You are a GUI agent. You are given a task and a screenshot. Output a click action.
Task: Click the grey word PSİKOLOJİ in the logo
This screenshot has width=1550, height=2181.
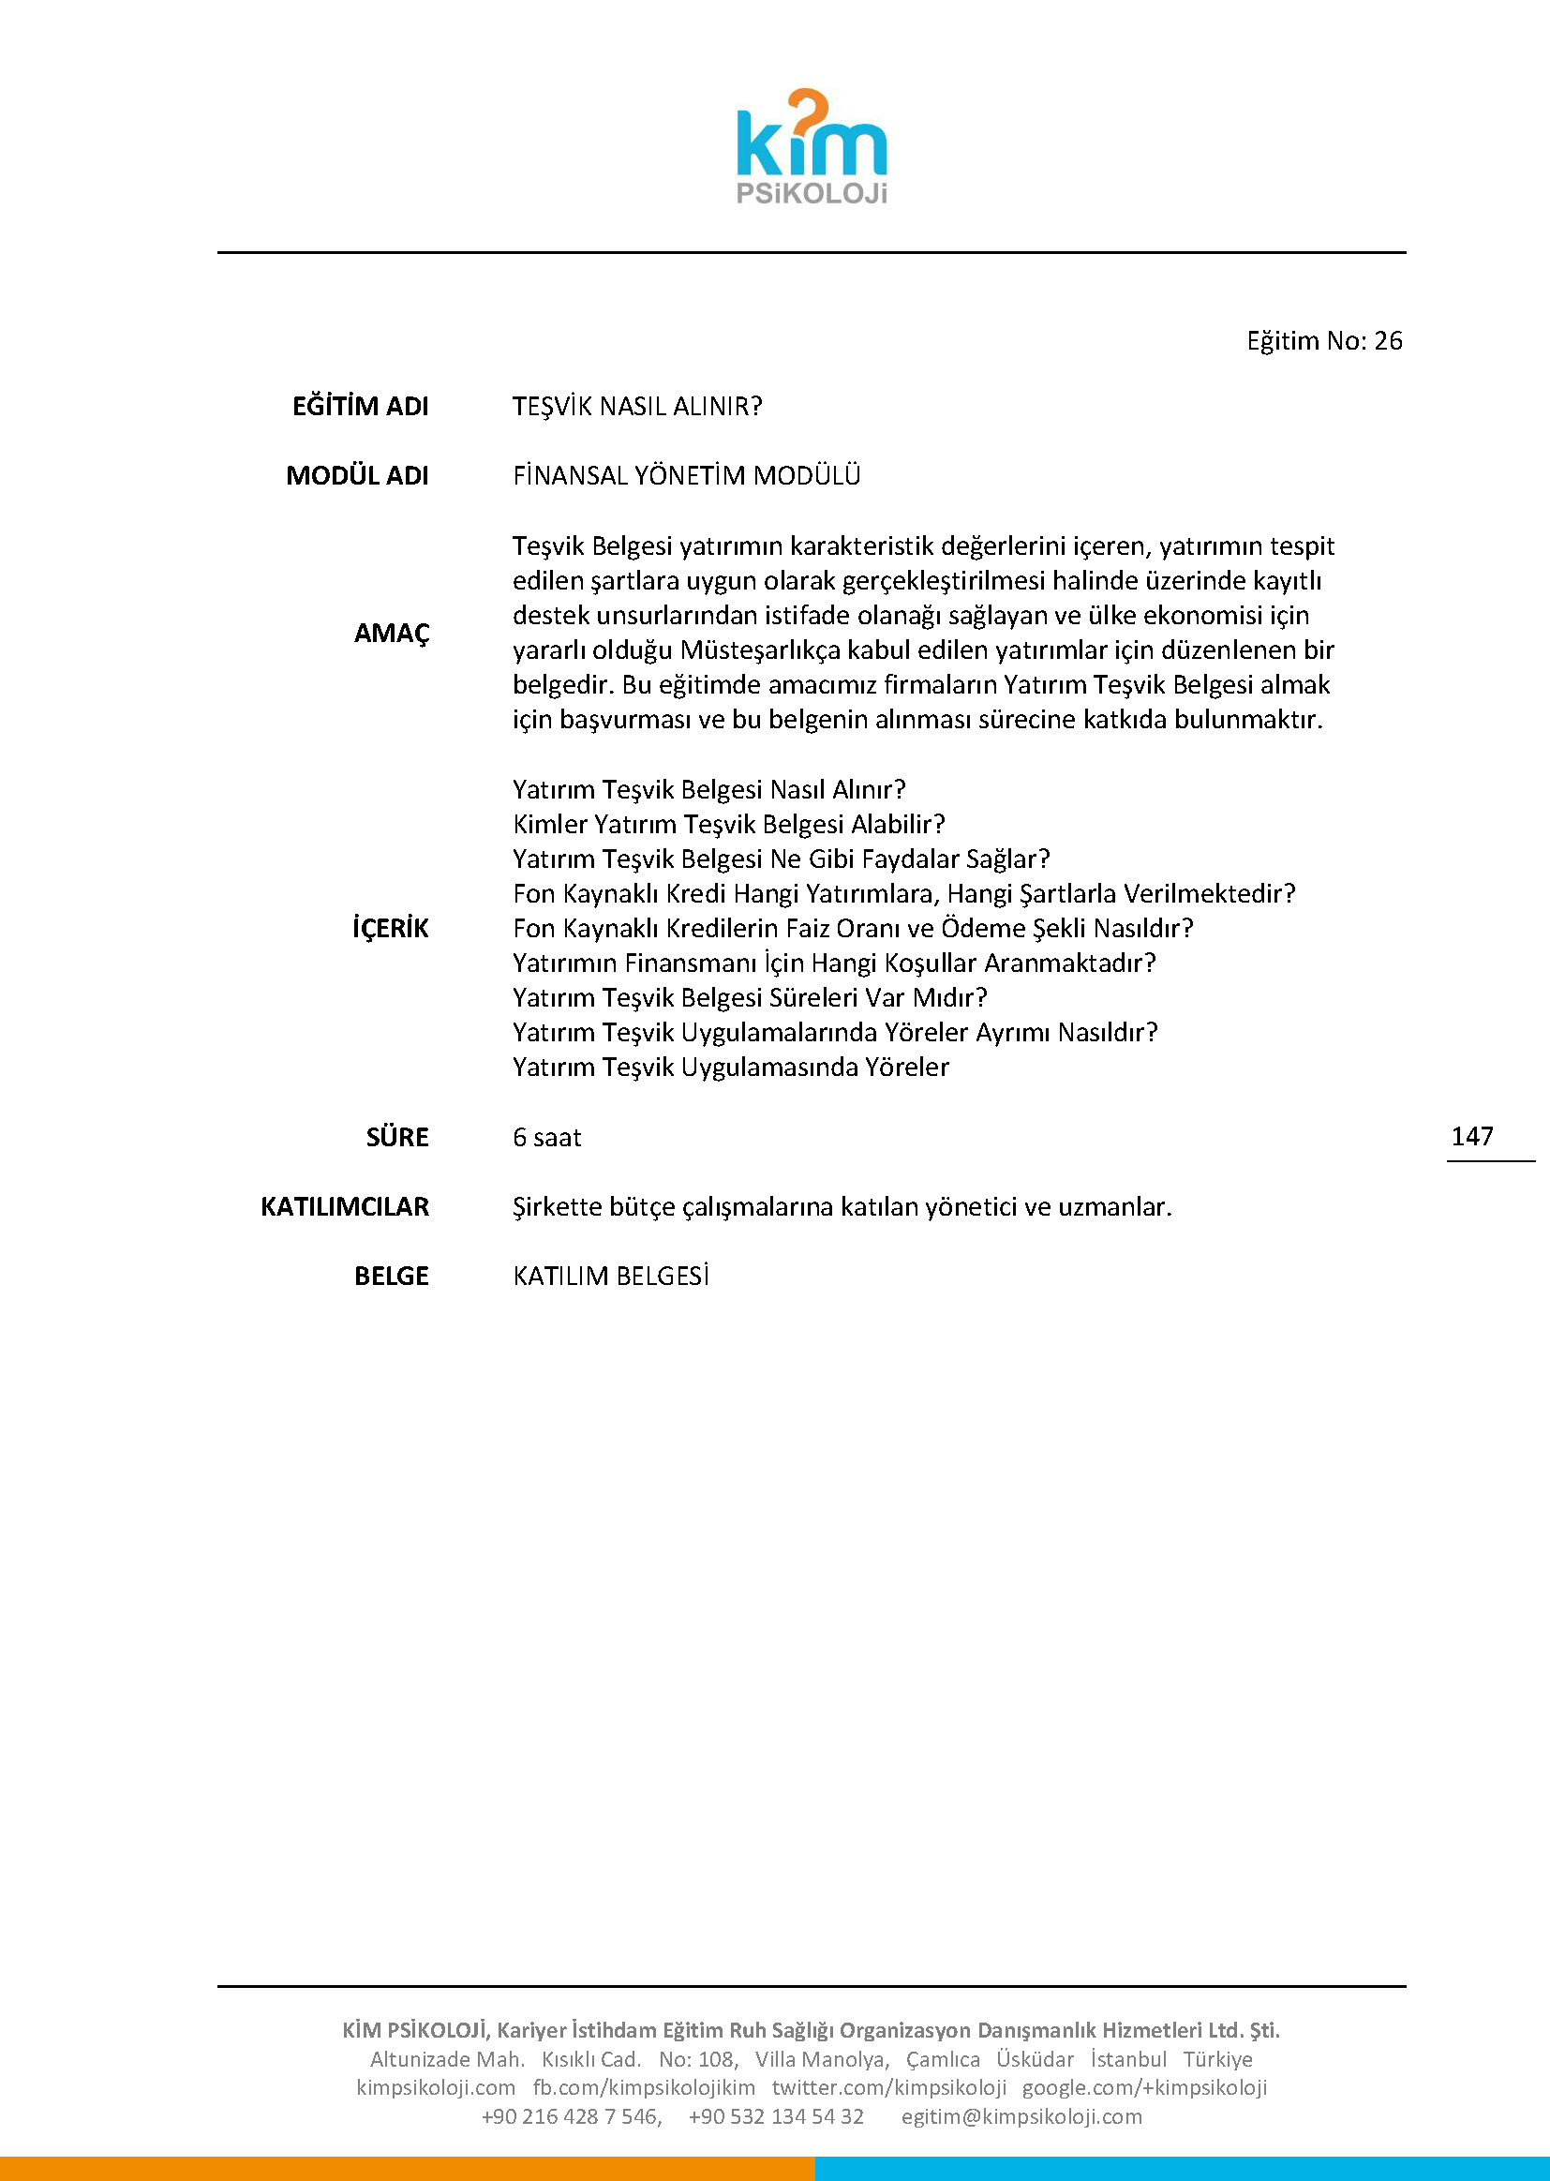812,194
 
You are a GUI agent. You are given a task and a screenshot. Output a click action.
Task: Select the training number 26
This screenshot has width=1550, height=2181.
1388,341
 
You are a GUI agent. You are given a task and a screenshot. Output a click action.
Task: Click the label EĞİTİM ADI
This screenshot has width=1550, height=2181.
360,407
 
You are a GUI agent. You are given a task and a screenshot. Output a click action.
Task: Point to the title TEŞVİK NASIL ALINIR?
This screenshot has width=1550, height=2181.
636,407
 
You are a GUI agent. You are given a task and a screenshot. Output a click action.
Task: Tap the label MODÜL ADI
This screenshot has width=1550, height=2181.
357,475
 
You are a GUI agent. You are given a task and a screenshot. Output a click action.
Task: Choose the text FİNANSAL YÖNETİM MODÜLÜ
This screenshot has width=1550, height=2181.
686,475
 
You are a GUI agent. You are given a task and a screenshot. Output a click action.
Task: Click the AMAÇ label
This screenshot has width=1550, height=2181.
392,633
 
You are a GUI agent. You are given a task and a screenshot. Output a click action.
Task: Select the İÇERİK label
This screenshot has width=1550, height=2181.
391,928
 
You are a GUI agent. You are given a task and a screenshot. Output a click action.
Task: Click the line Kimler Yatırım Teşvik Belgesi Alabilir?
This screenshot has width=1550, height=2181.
728,824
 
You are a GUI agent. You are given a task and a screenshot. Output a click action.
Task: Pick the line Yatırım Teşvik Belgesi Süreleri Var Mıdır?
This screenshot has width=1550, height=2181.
750,997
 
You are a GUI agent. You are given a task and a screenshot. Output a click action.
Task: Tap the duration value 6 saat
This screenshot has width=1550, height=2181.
547,1137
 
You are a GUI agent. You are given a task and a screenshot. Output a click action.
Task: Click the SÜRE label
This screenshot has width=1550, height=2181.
397,1137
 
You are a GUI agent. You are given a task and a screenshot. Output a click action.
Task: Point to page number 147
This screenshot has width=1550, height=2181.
1471,1136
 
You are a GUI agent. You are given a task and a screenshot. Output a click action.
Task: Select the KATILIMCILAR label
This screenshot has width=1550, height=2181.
345,1206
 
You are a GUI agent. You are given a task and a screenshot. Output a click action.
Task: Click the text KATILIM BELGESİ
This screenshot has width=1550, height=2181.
611,1277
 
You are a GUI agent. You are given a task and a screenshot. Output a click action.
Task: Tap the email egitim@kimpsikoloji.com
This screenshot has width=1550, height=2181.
1021,2116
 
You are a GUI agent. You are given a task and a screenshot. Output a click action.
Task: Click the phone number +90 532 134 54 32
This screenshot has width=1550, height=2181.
776,2116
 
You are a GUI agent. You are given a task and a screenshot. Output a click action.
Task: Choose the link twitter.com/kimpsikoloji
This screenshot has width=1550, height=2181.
888,2087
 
